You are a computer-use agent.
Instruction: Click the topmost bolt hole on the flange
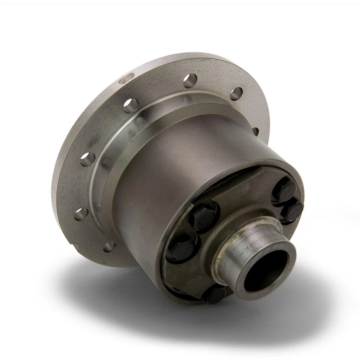190,80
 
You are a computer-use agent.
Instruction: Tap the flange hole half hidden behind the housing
255,131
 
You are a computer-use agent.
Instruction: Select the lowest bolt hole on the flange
109,246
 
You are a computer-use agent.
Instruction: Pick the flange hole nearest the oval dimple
130,105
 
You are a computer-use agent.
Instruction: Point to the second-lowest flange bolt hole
81,214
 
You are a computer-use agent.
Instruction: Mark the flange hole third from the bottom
87,159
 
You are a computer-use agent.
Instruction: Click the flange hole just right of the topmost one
236,94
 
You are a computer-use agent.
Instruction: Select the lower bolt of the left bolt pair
181,248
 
